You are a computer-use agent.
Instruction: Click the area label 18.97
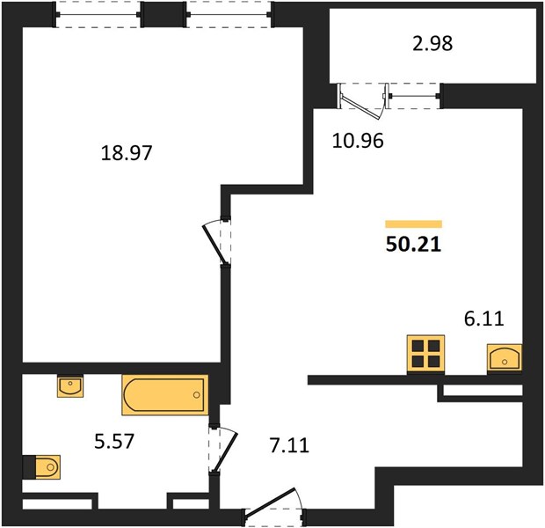(127, 153)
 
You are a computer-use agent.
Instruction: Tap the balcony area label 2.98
(432, 44)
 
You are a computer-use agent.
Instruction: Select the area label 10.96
(358, 141)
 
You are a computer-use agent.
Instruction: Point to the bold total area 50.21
(413, 245)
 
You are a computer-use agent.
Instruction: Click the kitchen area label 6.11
(484, 319)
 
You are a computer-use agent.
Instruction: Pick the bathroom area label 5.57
(114, 442)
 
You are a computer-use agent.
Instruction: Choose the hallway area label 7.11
(289, 445)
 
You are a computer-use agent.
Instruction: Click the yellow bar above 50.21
(414, 224)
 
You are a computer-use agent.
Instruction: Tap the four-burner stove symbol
(425, 354)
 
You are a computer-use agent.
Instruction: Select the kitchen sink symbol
(505, 358)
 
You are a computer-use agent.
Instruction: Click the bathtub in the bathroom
(165, 395)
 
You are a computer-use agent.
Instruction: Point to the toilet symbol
(47, 466)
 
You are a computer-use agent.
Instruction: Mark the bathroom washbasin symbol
(70, 386)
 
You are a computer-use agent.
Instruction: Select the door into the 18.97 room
(214, 243)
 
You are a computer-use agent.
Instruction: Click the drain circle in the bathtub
(196, 395)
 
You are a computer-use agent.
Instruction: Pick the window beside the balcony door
(414, 96)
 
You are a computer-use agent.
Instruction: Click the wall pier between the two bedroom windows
(163, 14)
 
